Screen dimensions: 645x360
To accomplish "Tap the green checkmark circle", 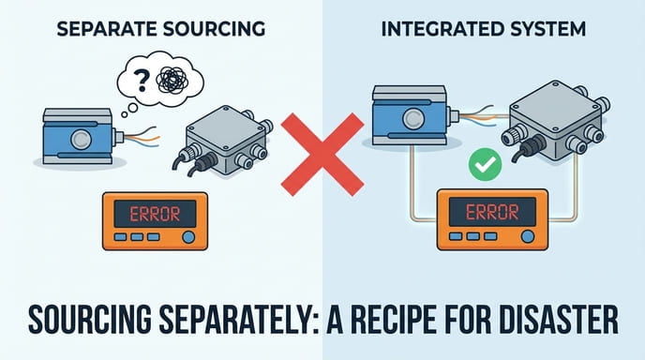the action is coord(485,166).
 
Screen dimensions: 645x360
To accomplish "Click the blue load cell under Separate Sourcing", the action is coord(79,137).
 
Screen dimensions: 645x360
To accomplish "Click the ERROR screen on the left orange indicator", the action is coord(155,213).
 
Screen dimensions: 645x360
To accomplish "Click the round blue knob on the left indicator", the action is coord(190,237).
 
